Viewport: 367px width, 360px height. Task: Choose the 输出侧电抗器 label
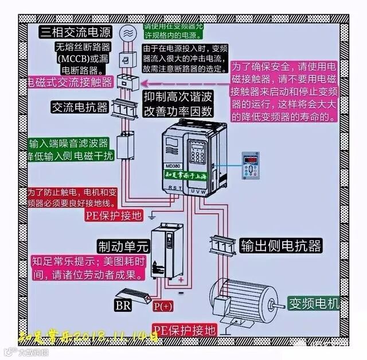click(x=280, y=245)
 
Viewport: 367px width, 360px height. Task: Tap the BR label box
click(x=123, y=304)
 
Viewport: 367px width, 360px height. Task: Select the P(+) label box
click(x=163, y=305)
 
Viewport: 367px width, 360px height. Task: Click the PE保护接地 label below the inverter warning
click(x=112, y=216)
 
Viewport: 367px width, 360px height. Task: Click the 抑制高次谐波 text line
click(x=178, y=96)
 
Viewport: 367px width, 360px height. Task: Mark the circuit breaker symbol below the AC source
click(x=125, y=59)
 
